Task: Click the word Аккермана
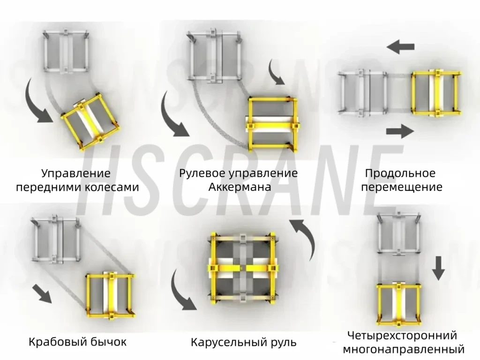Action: tap(240, 187)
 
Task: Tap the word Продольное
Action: tap(400, 173)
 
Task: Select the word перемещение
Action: tap(403, 187)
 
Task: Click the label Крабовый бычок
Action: tap(78, 341)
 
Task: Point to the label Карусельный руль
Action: tap(244, 342)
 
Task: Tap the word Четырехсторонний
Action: tap(402, 336)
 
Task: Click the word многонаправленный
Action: tap(404, 349)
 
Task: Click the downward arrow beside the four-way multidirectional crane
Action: tap(438, 268)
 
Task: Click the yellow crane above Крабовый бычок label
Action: tap(110, 294)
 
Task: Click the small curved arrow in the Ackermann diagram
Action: tap(276, 72)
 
